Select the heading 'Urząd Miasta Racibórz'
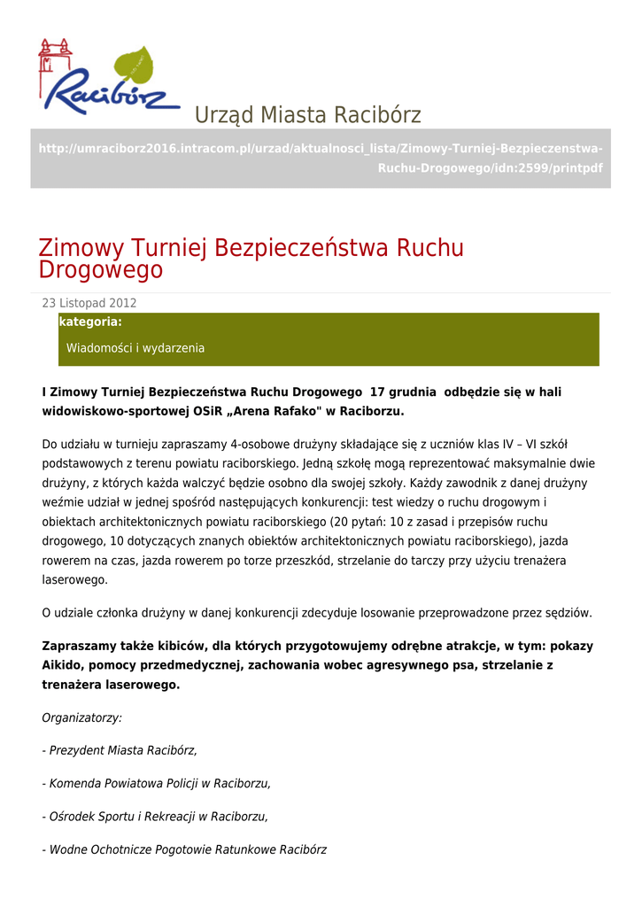307,115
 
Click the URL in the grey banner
321,158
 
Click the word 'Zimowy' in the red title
81,249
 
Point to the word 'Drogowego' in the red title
101,270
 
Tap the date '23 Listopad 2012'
89,303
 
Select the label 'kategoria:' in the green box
90,322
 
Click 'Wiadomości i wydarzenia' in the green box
135,348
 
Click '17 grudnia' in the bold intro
403,391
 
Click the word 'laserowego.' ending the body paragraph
75,580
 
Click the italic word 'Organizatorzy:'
82,717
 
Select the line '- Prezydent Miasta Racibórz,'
120,750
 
